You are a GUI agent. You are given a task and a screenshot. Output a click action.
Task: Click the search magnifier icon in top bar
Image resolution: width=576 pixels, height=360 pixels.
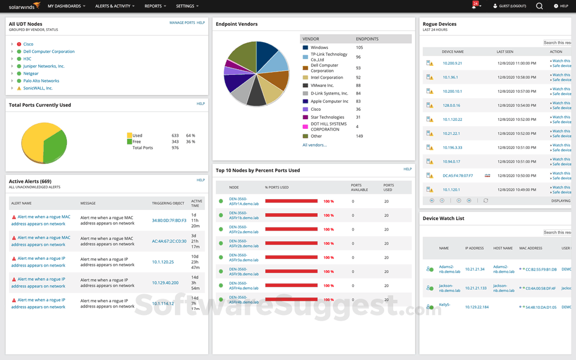click(539, 6)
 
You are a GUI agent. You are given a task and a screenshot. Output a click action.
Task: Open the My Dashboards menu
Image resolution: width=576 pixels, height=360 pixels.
click(67, 6)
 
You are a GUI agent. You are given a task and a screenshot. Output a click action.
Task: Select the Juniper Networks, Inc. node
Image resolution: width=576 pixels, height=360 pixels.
click(44, 66)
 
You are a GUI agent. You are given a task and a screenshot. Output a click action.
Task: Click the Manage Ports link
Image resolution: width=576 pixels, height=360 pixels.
click(182, 23)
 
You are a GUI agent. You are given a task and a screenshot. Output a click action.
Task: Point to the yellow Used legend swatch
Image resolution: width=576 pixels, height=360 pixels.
click(129, 136)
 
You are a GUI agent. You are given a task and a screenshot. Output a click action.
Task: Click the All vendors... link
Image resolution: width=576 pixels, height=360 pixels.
click(314, 145)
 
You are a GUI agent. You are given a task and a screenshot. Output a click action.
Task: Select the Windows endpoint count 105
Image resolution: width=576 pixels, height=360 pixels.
click(359, 48)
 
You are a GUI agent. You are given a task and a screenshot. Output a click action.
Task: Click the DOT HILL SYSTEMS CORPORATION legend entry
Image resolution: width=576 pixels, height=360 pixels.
click(328, 127)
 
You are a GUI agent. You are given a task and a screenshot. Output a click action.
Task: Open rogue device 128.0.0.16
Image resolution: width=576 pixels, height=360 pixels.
click(451, 106)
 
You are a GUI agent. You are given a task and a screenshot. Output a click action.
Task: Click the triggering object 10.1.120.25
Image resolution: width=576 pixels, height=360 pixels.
click(163, 262)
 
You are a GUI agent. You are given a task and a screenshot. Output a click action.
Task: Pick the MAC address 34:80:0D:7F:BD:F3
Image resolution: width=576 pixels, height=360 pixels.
click(169, 220)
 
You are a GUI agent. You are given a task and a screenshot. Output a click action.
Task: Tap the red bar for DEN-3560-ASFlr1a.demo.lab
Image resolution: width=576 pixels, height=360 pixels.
click(292, 201)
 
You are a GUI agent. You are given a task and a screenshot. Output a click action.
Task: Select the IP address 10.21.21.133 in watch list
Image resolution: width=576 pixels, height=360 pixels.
click(475, 289)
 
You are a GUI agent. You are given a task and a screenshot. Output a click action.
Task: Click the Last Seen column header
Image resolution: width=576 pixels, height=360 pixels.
click(505, 52)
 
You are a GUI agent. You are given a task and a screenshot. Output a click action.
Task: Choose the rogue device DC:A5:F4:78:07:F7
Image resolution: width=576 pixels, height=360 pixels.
click(457, 176)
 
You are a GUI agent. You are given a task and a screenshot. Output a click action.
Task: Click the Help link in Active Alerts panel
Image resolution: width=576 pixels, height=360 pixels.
click(200, 181)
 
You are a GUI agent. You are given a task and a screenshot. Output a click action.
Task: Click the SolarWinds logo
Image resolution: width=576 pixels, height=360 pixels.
click(21, 6)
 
